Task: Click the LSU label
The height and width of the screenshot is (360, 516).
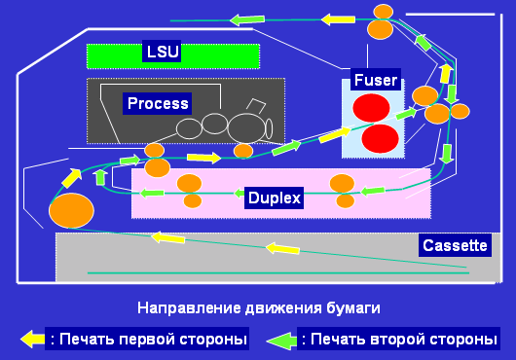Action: [157, 52]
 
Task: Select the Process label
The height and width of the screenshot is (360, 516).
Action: [158, 103]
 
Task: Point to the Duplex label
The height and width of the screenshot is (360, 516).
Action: [274, 198]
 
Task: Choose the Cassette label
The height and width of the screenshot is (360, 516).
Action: [453, 246]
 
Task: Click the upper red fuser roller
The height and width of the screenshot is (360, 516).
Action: [371, 108]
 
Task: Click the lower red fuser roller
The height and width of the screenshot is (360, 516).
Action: [380, 138]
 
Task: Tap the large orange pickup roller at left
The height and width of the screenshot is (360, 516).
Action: [72, 210]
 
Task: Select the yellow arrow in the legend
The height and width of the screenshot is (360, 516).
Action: [33, 339]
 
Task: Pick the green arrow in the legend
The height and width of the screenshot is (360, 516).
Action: [281, 339]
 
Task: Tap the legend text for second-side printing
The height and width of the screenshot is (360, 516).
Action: [399, 339]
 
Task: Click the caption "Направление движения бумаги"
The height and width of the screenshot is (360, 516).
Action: [258, 307]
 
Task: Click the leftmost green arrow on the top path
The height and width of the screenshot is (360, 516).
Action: [246, 18]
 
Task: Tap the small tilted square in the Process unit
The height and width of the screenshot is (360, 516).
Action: [256, 106]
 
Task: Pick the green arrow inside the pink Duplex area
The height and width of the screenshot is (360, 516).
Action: [152, 193]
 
